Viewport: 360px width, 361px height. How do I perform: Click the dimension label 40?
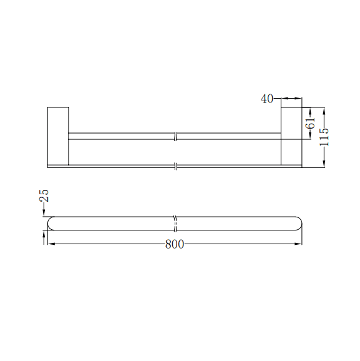pos(267,99)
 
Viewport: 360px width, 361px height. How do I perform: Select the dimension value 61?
pos(310,123)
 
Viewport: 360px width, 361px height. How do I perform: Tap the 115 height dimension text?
pos(324,137)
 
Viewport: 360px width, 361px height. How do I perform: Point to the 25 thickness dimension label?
pos(44,196)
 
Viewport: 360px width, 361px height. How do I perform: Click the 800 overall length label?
pos(175,244)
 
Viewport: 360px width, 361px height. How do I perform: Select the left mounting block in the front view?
pos(58,136)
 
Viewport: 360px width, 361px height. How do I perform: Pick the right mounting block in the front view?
pos(291,136)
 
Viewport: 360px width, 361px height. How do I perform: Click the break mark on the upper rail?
pos(177,136)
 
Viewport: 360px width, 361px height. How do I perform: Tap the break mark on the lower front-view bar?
pos(177,167)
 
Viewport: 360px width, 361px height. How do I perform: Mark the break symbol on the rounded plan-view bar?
pos(176,223)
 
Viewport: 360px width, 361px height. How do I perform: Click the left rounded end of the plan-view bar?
pos(52,223)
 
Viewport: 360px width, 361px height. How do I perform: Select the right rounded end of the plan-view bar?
pos(298,223)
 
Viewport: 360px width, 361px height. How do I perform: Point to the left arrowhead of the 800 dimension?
pos(51,244)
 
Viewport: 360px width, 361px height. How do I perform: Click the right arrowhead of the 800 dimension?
pos(299,244)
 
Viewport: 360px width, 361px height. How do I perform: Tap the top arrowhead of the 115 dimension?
pos(324,110)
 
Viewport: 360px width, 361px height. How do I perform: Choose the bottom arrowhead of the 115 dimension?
pos(324,164)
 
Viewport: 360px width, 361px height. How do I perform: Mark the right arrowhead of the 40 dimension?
pos(299,98)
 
